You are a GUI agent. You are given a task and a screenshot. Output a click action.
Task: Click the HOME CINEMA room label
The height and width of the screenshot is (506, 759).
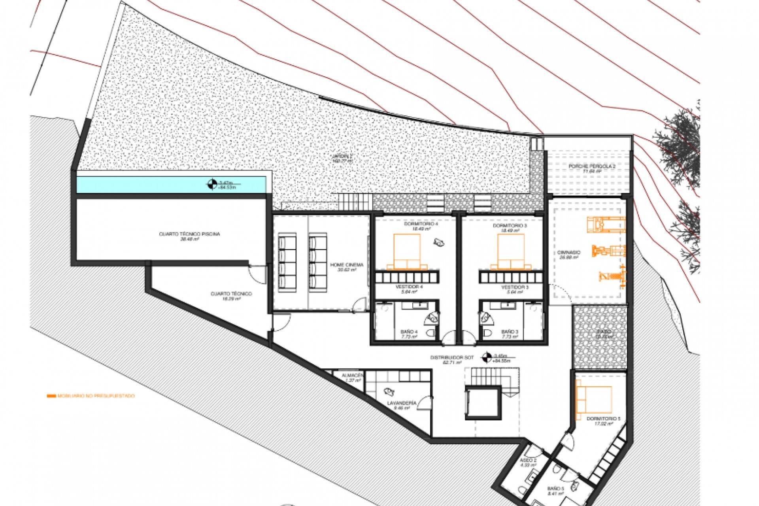[346, 265]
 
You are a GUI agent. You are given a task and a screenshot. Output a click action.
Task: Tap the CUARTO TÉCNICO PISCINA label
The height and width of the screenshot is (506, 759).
[189, 234]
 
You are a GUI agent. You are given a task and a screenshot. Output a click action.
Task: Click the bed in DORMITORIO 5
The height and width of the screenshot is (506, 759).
[593, 399]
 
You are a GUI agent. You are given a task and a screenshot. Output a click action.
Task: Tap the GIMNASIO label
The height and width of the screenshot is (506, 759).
[569, 252]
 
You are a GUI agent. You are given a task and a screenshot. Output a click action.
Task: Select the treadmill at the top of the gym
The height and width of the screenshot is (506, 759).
[606, 225]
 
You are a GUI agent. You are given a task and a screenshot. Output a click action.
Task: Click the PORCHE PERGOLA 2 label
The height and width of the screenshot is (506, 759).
[592, 166]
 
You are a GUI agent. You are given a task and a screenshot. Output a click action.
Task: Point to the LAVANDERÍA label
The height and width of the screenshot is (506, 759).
[402, 403]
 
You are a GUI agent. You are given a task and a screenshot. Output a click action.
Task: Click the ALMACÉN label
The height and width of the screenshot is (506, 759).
[353, 375]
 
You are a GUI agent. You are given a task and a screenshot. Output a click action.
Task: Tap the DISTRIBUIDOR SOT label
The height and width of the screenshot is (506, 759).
[452, 357]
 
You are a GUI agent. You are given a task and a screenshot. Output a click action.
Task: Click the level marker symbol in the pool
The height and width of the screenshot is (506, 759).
[212, 184]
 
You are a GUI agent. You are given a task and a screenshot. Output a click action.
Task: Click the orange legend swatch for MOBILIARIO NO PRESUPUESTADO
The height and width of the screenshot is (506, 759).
[51, 396]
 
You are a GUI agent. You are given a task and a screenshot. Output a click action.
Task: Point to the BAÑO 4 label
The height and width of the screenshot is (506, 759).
[409, 332]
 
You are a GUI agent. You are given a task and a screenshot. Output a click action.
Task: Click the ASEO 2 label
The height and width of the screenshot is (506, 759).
[528, 461]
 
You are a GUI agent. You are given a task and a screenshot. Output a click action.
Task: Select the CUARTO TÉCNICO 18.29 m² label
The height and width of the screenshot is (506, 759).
[231, 294]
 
